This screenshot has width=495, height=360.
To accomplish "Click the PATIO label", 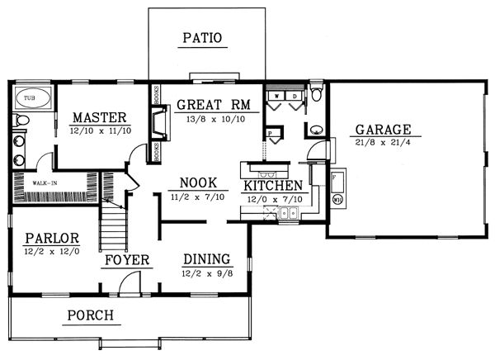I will click(x=203, y=37).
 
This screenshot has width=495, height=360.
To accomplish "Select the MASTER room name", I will click(x=97, y=116).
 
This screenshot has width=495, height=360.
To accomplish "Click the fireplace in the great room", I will click(x=157, y=124).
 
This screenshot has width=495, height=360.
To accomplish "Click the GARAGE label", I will click(x=384, y=130).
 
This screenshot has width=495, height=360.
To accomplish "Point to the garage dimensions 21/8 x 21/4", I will click(x=384, y=143).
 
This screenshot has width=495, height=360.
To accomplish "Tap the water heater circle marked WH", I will click(x=338, y=199).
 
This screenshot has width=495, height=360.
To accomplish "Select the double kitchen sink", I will click(x=288, y=215).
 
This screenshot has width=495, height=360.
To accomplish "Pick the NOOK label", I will click(x=198, y=184).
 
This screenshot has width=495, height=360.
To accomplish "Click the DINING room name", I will click(x=206, y=258).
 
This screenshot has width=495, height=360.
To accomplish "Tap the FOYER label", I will click(x=125, y=260).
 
